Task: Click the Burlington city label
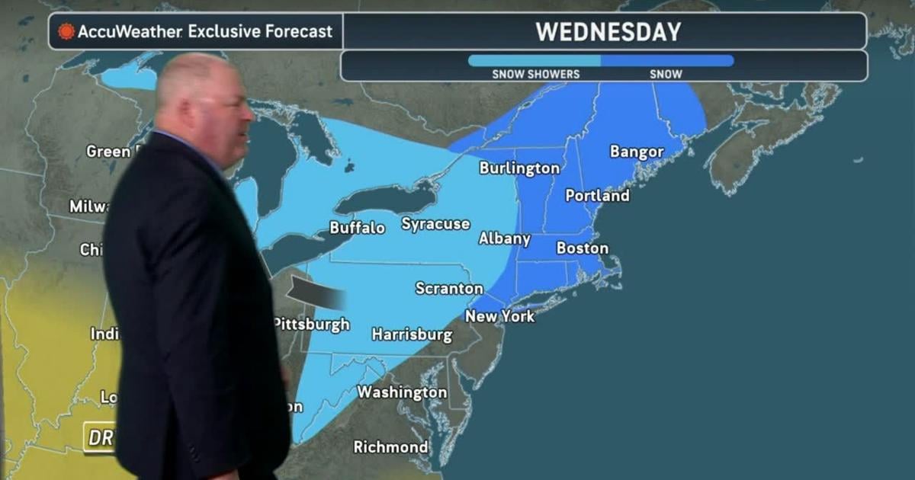click(x=519, y=168)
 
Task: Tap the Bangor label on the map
click(x=637, y=152)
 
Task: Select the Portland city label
click(x=597, y=196)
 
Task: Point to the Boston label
click(x=583, y=248)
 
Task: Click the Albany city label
click(x=504, y=239)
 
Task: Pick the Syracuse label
click(x=435, y=224)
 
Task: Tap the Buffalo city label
click(x=357, y=228)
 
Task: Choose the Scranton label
click(x=449, y=289)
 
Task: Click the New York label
click(x=500, y=316)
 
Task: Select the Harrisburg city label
click(x=412, y=334)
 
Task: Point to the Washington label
click(x=402, y=392)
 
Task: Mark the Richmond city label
click(x=390, y=447)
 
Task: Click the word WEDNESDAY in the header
click(x=608, y=32)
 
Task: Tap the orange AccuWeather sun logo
click(x=66, y=32)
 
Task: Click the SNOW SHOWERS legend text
click(x=535, y=75)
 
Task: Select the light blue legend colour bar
click(x=534, y=60)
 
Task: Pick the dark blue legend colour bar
click(x=667, y=60)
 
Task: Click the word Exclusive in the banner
click(x=227, y=32)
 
